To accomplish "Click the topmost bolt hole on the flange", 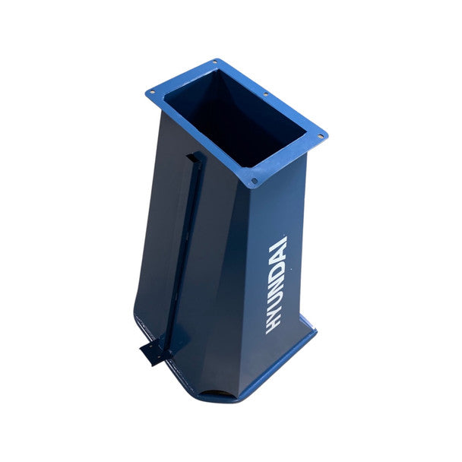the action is (x=215, y=62).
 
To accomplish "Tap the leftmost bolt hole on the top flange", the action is (x=152, y=92).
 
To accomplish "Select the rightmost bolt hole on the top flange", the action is (x=321, y=137).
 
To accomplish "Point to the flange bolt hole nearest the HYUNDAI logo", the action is (x=254, y=180).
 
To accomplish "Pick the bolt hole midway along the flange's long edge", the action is (x=265, y=94).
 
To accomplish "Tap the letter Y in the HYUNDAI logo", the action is (x=274, y=313).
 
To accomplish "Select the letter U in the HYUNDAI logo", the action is (x=276, y=299).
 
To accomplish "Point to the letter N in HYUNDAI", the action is (x=277, y=286).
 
